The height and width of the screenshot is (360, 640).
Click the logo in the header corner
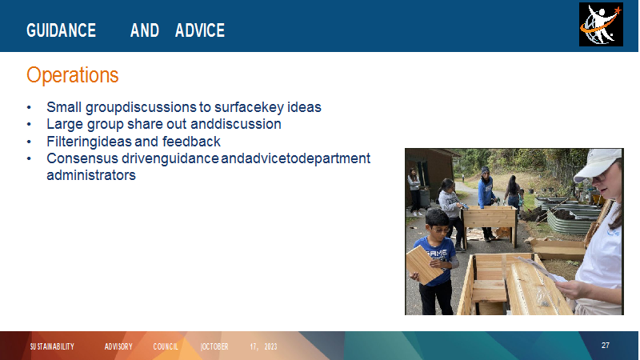[601, 25]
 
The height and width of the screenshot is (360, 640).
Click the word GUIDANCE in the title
[62, 30]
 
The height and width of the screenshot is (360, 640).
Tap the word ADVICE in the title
[200, 30]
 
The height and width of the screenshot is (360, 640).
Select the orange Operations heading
[73, 75]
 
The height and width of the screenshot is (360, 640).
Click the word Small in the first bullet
[64, 107]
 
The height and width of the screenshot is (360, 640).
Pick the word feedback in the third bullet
[191, 142]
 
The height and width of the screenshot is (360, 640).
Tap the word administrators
[91, 175]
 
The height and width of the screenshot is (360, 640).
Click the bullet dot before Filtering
[29, 142]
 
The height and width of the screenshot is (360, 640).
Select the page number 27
[606, 346]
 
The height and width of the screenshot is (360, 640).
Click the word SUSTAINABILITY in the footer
[52, 346]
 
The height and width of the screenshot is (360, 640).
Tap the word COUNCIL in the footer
[166, 346]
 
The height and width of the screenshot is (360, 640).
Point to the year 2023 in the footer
[270, 346]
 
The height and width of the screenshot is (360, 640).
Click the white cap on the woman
[598, 164]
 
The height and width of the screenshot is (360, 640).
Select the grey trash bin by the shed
[425, 198]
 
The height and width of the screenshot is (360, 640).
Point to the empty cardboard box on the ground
[558, 249]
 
